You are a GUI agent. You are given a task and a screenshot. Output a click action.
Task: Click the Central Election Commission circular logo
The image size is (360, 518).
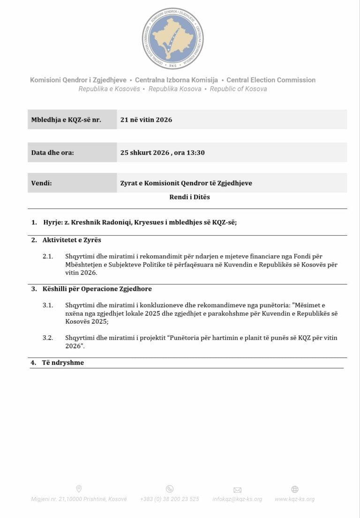(173, 38)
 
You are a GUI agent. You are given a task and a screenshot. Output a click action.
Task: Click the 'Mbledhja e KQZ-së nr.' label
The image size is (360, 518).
(66, 119)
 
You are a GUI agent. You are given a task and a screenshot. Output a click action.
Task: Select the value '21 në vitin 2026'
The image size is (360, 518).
(146, 119)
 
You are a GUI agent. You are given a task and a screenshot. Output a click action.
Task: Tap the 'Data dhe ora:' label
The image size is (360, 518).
(52, 153)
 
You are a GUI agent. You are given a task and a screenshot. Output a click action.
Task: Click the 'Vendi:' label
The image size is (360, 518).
(42, 183)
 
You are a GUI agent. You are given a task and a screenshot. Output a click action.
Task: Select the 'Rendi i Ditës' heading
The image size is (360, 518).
(189, 197)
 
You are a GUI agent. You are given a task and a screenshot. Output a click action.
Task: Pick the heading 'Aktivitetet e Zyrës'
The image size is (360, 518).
(72, 240)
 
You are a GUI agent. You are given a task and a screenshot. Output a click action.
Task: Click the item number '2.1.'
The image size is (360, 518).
(48, 257)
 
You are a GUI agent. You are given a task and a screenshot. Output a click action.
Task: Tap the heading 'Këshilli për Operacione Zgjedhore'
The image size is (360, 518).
(97, 289)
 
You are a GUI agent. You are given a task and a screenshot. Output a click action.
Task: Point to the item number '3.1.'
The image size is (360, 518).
(48, 305)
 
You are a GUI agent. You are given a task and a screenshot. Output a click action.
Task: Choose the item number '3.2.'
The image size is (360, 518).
(48, 338)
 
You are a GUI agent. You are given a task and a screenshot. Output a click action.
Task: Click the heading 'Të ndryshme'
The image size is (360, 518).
(63, 363)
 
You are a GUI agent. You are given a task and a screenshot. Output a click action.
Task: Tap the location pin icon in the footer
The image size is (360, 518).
(79, 489)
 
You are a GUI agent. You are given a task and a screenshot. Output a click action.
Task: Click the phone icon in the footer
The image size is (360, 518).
(170, 489)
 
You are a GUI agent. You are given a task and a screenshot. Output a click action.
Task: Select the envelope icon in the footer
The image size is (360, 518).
(237, 490)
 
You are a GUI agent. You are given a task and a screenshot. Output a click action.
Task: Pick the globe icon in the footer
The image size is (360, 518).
(295, 489)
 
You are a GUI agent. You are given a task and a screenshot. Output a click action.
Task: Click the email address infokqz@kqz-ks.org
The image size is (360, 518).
(237, 499)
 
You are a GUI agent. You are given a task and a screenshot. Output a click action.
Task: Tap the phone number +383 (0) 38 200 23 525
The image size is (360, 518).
(170, 499)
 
